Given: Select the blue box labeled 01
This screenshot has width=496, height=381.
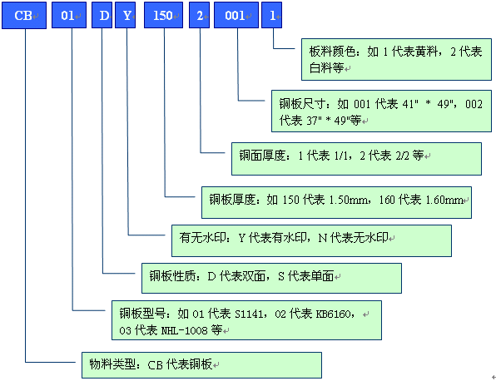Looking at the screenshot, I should click(x=69, y=16).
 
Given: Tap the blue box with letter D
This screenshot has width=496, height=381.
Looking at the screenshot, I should click(x=102, y=16).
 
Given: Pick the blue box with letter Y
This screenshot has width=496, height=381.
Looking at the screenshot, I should click(x=124, y=16).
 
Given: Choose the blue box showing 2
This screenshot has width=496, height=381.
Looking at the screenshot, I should click(x=199, y=16).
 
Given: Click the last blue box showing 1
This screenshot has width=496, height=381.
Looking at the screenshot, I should click(x=272, y=16).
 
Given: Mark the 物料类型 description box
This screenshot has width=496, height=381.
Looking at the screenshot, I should click(x=201, y=364).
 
